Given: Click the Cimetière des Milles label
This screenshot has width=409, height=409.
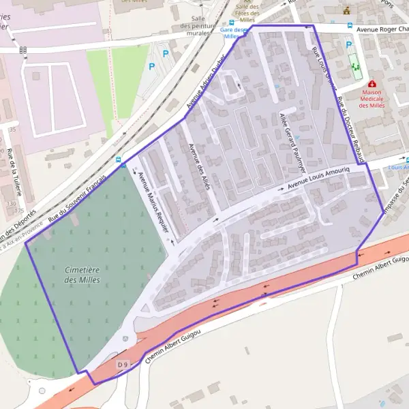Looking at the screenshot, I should pyautogui.click(x=82, y=275).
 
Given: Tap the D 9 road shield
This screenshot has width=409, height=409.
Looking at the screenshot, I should pyautogui.click(x=123, y=365).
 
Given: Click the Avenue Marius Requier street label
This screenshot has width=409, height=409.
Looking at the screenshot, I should pyautogui.click(x=153, y=202).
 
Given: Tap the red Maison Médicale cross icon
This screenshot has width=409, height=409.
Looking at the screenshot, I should pyautogui.click(x=372, y=83).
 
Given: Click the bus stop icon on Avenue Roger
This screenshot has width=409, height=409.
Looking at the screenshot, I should pyautogui.click(x=350, y=26).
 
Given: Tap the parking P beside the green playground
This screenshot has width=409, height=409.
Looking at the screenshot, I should pyautogui.click(x=349, y=45).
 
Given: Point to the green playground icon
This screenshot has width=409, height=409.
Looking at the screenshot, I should pyautogui.click(x=354, y=67).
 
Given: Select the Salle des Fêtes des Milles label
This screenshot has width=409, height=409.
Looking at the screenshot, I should pyautogui.click(x=247, y=11).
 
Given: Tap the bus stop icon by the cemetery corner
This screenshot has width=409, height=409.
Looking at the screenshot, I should pyautogui.click(x=122, y=163).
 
